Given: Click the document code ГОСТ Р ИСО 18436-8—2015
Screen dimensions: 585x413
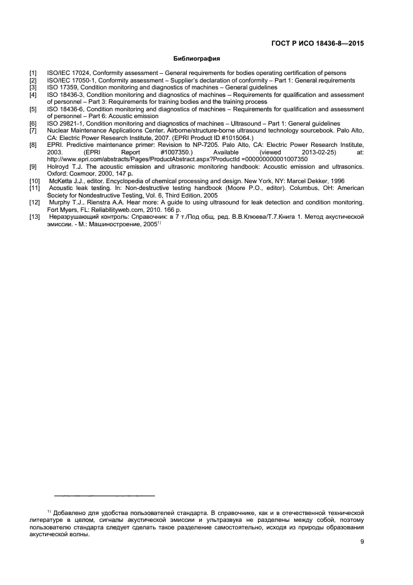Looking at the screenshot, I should coord(317,44).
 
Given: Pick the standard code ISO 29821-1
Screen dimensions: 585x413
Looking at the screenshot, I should coord(67,124).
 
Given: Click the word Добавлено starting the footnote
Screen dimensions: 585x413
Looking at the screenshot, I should coord(72,512).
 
